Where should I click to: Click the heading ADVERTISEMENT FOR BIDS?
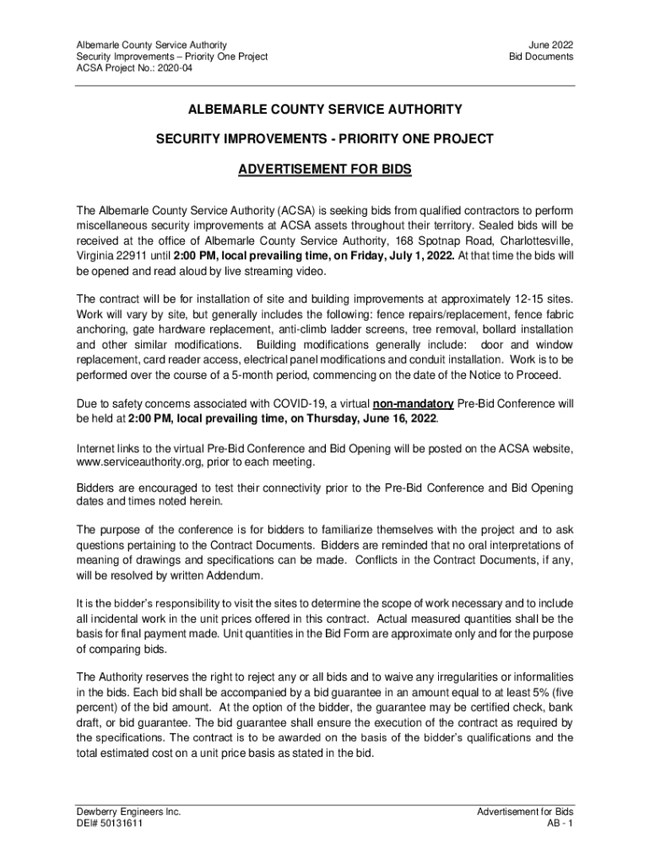[324, 170]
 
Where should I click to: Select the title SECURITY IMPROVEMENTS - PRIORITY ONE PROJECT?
[324, 138]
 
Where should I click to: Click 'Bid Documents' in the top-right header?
[540, 57]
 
